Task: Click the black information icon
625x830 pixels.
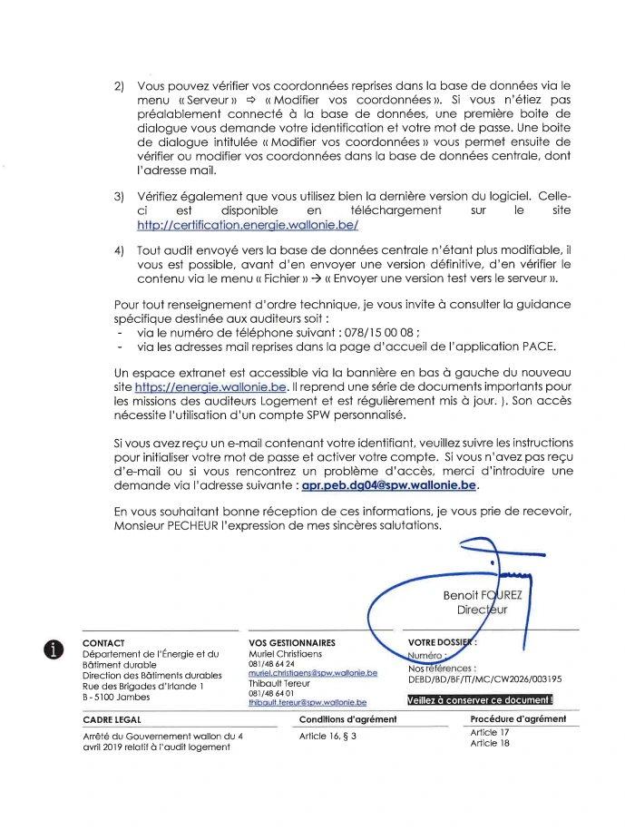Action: coord(57,648)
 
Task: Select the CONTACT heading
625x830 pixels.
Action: coord(103,643)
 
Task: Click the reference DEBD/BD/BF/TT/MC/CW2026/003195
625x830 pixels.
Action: coord(485,678)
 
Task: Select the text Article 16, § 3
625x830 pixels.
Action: coord(328,736)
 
